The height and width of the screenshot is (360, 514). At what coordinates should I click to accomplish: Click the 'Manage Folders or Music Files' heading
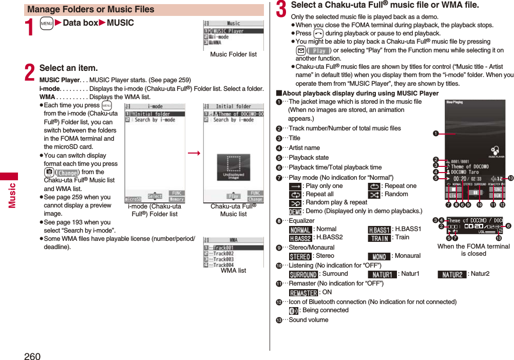[91, 9]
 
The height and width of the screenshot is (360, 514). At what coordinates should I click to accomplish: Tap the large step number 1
[30, 27]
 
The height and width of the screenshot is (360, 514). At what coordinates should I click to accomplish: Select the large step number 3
[281, 10]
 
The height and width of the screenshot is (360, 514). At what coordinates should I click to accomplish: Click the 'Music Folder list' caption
[233, 54]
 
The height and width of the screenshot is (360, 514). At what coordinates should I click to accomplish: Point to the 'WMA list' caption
[233, 270]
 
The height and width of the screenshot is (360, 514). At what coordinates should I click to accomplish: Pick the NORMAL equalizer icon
[300, 229]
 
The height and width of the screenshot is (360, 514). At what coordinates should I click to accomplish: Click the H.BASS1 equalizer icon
[379, 229]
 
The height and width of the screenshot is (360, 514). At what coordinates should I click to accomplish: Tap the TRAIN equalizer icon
[379, 238]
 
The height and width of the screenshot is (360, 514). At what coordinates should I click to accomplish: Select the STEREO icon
[300, 256]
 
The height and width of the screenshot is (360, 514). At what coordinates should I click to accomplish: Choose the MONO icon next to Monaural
[379, 256]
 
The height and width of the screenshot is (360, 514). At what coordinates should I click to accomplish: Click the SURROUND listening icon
[303, 274]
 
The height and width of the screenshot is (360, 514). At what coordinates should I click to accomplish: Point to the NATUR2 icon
[452, 274]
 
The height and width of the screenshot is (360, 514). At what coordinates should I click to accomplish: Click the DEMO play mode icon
[295, 211]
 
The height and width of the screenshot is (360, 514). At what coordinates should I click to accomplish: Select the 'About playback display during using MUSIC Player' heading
[360, 93]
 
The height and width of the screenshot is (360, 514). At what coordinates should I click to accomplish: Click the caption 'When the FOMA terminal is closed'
[473, 250]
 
